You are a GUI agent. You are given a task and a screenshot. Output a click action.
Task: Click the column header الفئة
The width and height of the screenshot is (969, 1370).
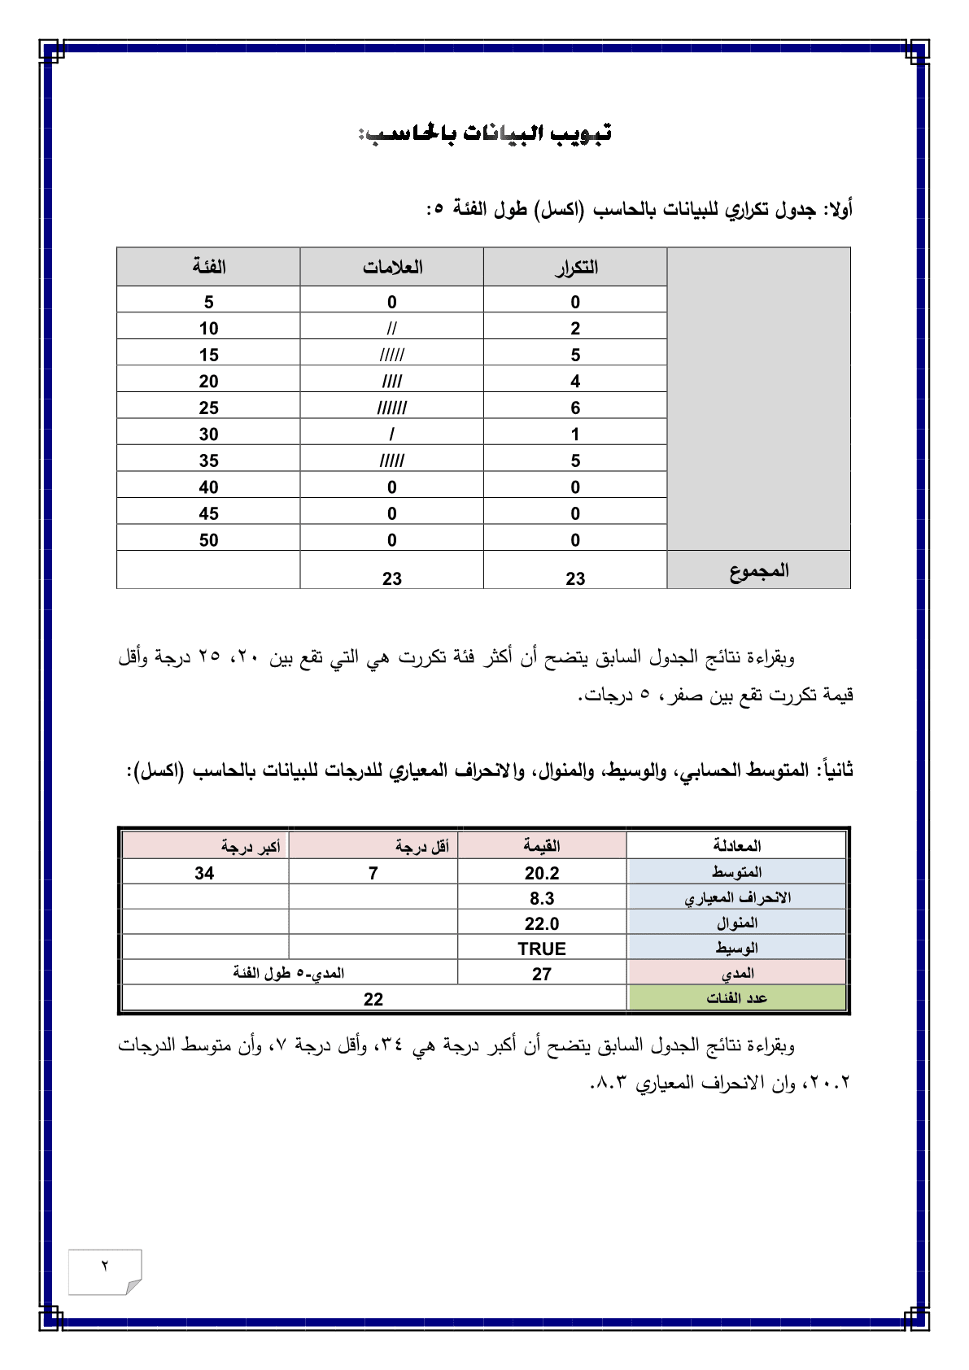pos(208,267)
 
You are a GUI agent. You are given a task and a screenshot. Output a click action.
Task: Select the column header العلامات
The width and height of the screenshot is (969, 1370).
pos(392,267)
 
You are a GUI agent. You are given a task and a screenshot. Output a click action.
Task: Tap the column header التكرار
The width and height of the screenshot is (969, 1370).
pos(575,267)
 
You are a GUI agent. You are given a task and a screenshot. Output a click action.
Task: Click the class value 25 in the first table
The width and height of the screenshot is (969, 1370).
pos(208,408)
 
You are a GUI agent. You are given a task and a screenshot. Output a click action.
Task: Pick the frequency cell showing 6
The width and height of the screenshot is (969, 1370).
pos(575,408)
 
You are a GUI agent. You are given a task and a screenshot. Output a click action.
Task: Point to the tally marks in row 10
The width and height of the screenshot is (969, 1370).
pos(392,329)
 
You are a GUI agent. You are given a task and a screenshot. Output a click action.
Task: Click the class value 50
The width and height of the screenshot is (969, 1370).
pos(208,540)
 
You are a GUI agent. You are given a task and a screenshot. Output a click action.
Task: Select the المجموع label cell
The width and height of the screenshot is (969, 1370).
pos(758,570)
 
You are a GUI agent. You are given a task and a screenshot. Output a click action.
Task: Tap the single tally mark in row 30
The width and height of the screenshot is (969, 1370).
pos(392,434)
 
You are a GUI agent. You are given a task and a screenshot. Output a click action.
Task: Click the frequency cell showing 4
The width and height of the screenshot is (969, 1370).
pos(575,382)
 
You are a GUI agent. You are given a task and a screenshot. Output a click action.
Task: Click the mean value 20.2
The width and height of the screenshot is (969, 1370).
pos(542,873)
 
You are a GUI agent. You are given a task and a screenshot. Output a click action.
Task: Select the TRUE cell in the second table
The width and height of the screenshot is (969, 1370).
pos(542,949)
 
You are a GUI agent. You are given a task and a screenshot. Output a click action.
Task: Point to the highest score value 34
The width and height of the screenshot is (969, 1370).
pos(204,873)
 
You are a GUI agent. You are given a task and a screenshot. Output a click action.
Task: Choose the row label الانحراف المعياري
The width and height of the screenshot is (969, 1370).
pos(737,897)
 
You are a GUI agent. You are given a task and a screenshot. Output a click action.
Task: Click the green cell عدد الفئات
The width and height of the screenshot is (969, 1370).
pos(736,998)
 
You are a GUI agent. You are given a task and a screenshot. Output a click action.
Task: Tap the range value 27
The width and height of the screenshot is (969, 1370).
pos(542,974)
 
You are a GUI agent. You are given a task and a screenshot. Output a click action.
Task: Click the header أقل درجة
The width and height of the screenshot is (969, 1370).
pos(422,846)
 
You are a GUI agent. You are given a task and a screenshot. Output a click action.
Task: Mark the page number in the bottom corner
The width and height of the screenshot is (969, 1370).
pos(105,1266)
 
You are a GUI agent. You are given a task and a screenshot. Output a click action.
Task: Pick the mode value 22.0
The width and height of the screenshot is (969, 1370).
pos(542,923)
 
